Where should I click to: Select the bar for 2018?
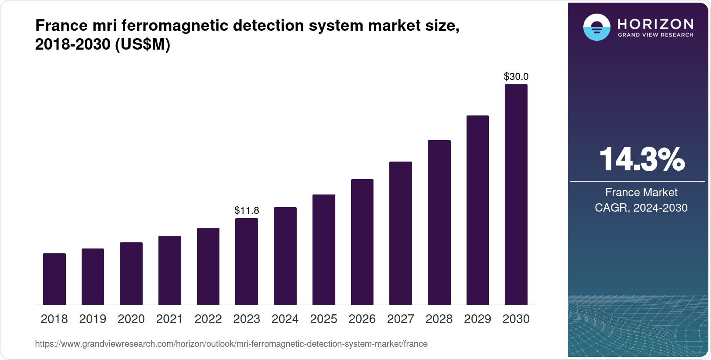click(54, 279)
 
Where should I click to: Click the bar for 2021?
click(170, 270)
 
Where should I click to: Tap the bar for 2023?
click(247, 262)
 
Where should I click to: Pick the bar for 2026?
click(362, 242)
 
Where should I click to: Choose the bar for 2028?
click(439, 223)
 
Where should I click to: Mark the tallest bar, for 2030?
click(516, 194)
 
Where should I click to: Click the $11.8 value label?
click(247, 210)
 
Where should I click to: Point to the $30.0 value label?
click(516, 77)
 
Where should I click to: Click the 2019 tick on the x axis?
click(93, 319)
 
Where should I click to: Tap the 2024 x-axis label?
click(285, 319)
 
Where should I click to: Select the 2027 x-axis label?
click(400, 319)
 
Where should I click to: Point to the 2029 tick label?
click(478, 319)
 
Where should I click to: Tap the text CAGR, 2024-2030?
click(641, 208)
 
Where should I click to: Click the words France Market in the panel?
click(641, 192)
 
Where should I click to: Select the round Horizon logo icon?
click(596, 28)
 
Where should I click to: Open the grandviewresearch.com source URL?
click(231, 344)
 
